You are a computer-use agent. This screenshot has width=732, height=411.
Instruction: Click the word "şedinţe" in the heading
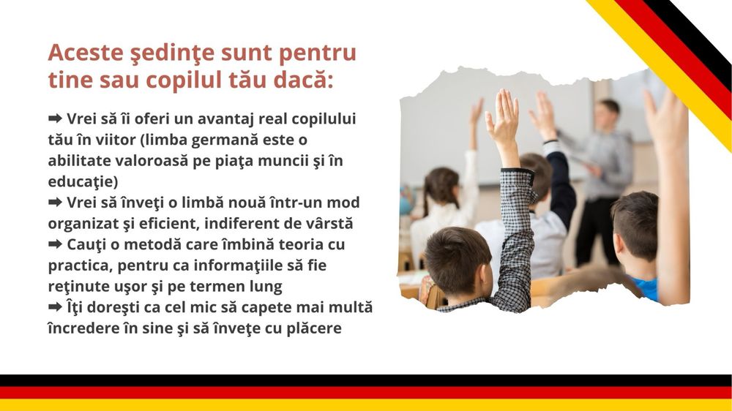coord(163,54)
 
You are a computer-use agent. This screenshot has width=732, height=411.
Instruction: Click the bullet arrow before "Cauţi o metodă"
coord(55,244)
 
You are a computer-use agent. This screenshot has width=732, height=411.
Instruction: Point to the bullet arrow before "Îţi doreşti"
coord(55,307)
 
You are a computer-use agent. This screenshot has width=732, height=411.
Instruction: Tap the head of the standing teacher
coord(607,116)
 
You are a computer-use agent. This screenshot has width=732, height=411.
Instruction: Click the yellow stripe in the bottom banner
coord(366,405)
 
